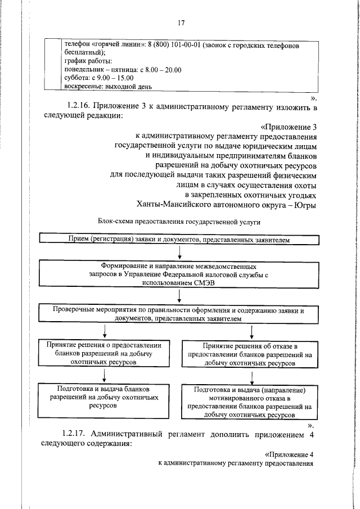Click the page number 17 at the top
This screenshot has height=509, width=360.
point(181,23)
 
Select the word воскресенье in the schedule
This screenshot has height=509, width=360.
point(82,87)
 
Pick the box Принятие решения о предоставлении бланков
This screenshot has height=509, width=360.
point(105,354)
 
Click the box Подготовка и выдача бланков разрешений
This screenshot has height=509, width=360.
point(103,397)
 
